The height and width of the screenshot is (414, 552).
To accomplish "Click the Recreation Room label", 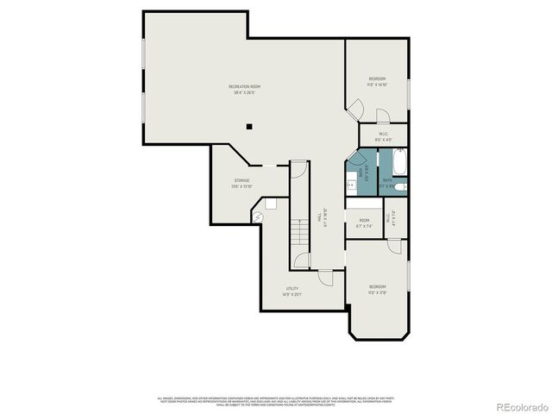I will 244,89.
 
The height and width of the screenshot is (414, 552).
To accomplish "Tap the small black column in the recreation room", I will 248,127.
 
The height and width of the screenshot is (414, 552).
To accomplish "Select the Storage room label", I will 241,183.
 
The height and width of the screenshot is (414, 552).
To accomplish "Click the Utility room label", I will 292,291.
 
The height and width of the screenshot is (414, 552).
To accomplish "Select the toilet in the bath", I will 401,185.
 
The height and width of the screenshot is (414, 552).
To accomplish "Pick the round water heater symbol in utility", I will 258,217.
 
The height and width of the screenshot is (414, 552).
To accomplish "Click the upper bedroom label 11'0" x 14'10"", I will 377,82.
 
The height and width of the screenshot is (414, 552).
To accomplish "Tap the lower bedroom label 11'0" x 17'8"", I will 378,289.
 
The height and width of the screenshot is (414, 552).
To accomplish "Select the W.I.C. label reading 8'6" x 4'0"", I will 385,136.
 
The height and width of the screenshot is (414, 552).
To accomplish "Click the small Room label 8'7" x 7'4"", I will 364,223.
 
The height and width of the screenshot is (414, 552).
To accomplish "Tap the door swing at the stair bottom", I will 300,260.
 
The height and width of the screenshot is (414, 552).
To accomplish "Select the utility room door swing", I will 325,278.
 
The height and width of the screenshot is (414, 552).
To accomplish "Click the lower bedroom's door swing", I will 393,247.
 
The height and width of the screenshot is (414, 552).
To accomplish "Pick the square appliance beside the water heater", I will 270,204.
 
